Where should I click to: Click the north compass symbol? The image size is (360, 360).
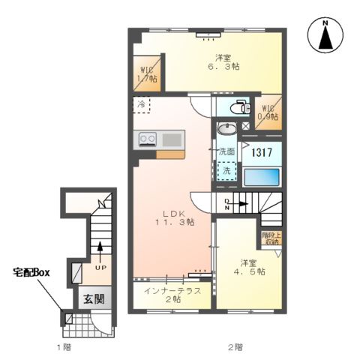[326, 35]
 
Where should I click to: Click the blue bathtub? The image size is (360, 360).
[261, 178]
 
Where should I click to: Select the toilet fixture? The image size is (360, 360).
[238, 106]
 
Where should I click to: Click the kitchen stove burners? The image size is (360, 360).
[146, 139]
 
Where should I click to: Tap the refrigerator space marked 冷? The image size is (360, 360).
[142, 105]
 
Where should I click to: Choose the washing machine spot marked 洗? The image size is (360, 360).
[225, 171]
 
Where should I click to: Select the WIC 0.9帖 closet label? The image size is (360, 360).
[268, 112]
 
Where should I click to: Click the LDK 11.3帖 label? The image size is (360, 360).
[174, 217]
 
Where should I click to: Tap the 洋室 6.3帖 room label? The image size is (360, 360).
[223, 61]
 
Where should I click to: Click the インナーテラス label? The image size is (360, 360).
[172, 294]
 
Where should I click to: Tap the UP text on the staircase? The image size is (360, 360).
[98, 267]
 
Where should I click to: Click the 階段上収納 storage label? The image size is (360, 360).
[271, 238]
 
